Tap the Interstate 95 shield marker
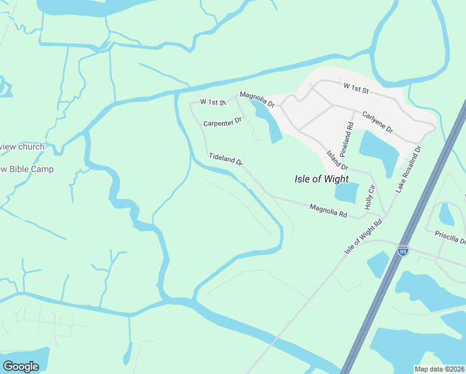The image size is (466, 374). pos(403,251)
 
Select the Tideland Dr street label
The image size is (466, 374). pos(225,160)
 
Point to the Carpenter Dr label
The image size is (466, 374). pos(222,123)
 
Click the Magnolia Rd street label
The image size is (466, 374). pos(328,210)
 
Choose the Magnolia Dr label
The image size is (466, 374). pos(257,99)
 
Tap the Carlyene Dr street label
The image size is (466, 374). pos(378,122)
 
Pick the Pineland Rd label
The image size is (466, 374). pos(349,138)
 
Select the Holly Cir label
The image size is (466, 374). pos(369,196)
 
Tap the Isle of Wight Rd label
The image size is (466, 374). pos(363,236)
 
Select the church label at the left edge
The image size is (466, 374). pos(22,147)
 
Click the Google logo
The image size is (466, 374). pos(21,366)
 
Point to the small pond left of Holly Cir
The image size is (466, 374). pos(346,193)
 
